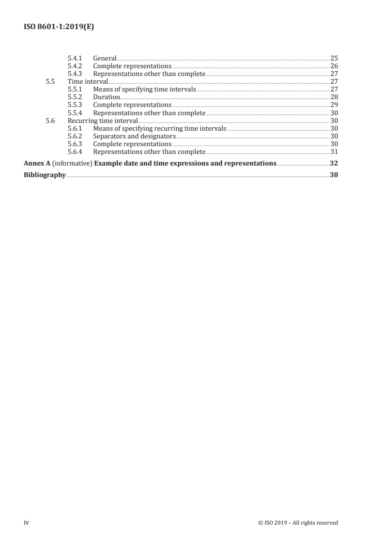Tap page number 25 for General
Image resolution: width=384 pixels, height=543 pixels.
[x=334, y=58]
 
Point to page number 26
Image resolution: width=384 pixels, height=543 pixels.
[x=334, y=66]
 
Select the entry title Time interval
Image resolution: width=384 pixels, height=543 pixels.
[x=88, y=81]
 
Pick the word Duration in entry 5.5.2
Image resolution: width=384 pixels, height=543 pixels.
[x=107, y=97]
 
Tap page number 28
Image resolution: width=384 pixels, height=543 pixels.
[x=334, y=97]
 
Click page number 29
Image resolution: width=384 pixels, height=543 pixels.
[x=334, y=105]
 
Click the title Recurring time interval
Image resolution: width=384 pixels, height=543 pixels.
[x=103, y=120]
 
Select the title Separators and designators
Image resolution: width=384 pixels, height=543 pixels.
[x=134, y=136]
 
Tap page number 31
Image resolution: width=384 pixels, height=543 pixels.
[x=334, y=151]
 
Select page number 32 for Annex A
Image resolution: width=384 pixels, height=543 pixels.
[x=334, y=163]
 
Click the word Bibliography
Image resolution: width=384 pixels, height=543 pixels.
[x=45, y=175]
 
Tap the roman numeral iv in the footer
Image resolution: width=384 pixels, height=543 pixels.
[x=27, y=523]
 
